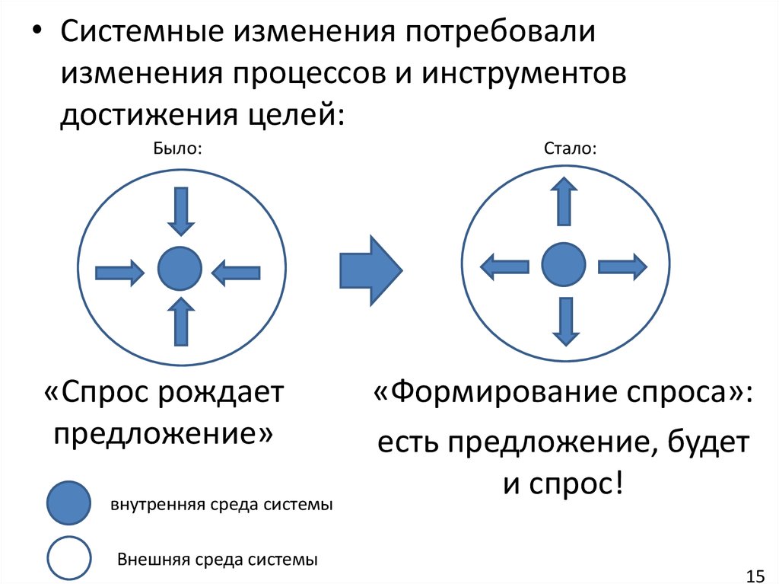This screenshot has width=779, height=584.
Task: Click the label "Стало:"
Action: point(570,148)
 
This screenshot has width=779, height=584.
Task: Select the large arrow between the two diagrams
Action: point(369,267)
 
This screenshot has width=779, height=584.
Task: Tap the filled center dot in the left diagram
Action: point(180,269)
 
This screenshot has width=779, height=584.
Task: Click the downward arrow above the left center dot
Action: point(180,210)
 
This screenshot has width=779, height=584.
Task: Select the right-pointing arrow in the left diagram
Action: point(119,272)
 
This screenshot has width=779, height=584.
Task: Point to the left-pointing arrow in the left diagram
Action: point(236,272)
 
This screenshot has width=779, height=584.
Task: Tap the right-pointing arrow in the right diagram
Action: point(622,266)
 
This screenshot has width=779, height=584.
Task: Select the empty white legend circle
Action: point(70,558)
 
